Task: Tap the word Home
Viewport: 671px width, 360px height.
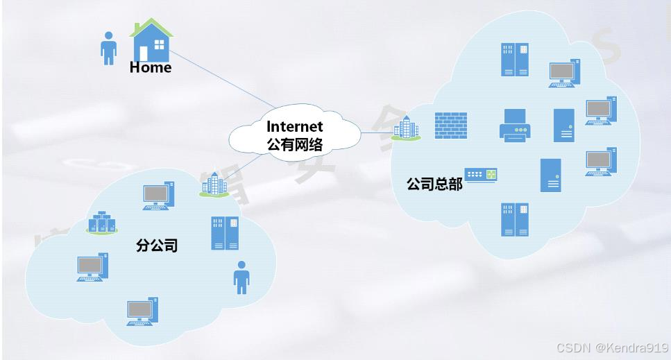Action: (150, 68)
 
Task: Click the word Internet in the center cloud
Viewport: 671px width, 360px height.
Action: (295, 126)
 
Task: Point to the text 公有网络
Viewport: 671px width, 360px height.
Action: (295, 144)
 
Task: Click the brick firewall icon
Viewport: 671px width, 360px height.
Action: (450, 125)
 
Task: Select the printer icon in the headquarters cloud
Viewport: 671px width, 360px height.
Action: (516, 126)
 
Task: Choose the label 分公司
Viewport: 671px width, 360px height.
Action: (157, 246)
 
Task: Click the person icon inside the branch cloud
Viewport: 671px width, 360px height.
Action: (241, 277)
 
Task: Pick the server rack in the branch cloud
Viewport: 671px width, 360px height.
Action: (224, 233)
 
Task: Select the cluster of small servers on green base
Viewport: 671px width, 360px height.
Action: (103, 223)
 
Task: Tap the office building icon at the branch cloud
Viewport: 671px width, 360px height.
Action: (214, 184)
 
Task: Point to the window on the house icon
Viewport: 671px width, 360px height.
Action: (160, 46)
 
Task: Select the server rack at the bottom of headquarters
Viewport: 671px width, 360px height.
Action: (514, 219)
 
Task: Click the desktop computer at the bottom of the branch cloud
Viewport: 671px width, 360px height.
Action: (143, 311)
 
